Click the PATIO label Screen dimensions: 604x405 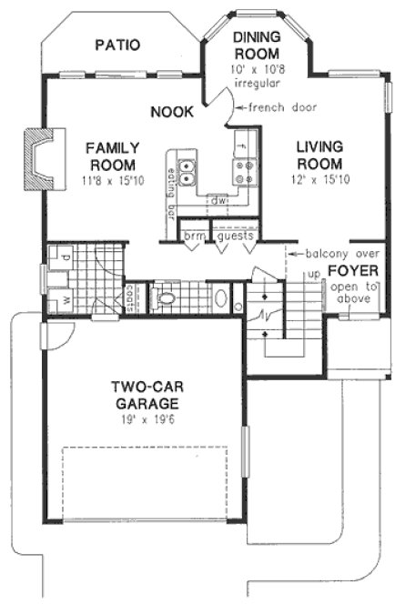point(120,45)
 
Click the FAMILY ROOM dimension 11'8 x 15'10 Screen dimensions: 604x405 point(111,182)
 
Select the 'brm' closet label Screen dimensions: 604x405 point(194,235)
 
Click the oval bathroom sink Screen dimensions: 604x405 point(218,297)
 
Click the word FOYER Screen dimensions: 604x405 point(347,271)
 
